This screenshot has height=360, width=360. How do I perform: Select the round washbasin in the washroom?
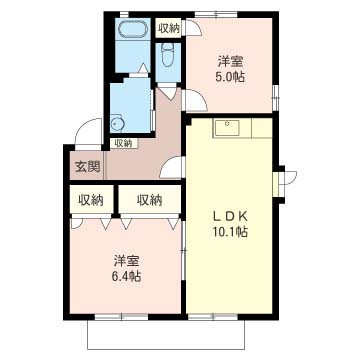coord(117,124)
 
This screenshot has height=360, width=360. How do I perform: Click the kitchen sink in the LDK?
coord(227,128)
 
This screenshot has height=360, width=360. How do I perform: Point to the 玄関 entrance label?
coord(88,167)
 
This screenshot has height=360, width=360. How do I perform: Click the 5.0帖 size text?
coord(230,77)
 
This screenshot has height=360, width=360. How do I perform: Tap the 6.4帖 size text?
coord(126,276)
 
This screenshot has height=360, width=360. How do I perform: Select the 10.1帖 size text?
coord(230,232)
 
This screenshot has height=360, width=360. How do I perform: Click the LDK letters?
coord(230,217)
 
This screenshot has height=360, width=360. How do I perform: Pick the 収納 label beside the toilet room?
coord(169,29)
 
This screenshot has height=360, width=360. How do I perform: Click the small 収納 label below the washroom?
coord(123,144)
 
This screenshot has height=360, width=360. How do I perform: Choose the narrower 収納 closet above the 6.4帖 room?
coord(91,200)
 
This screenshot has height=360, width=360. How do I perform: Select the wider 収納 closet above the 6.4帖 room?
coord(150,200)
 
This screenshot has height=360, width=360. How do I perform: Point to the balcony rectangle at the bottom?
coord(166,335)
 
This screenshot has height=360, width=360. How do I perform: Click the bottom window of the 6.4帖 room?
coord(121,316)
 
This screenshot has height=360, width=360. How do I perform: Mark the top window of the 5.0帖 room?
coord(216,14)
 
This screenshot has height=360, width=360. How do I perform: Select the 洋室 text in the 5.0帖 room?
coord(230,62)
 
